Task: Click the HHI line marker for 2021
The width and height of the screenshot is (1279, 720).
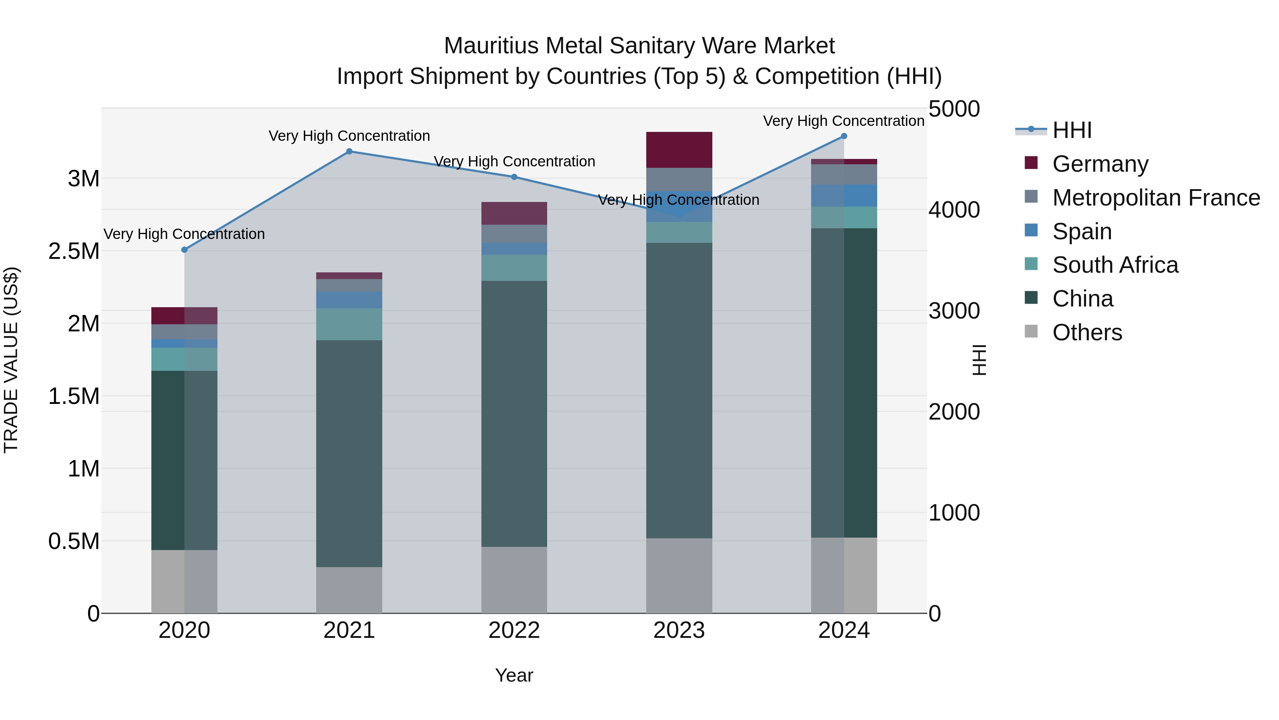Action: [x=349, y=151]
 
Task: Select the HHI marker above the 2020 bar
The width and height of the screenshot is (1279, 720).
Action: [x=184, y=250]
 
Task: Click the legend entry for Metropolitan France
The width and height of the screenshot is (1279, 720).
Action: [x=1156, y=198]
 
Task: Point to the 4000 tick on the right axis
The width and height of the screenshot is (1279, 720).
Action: [x=954, y=210]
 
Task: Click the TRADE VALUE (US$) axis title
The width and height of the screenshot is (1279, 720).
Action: [x=11, y=360]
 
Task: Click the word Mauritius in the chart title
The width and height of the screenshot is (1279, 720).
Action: [x=491, y=46]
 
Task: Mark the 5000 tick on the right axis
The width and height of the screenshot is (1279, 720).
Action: [x=954, y=109]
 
